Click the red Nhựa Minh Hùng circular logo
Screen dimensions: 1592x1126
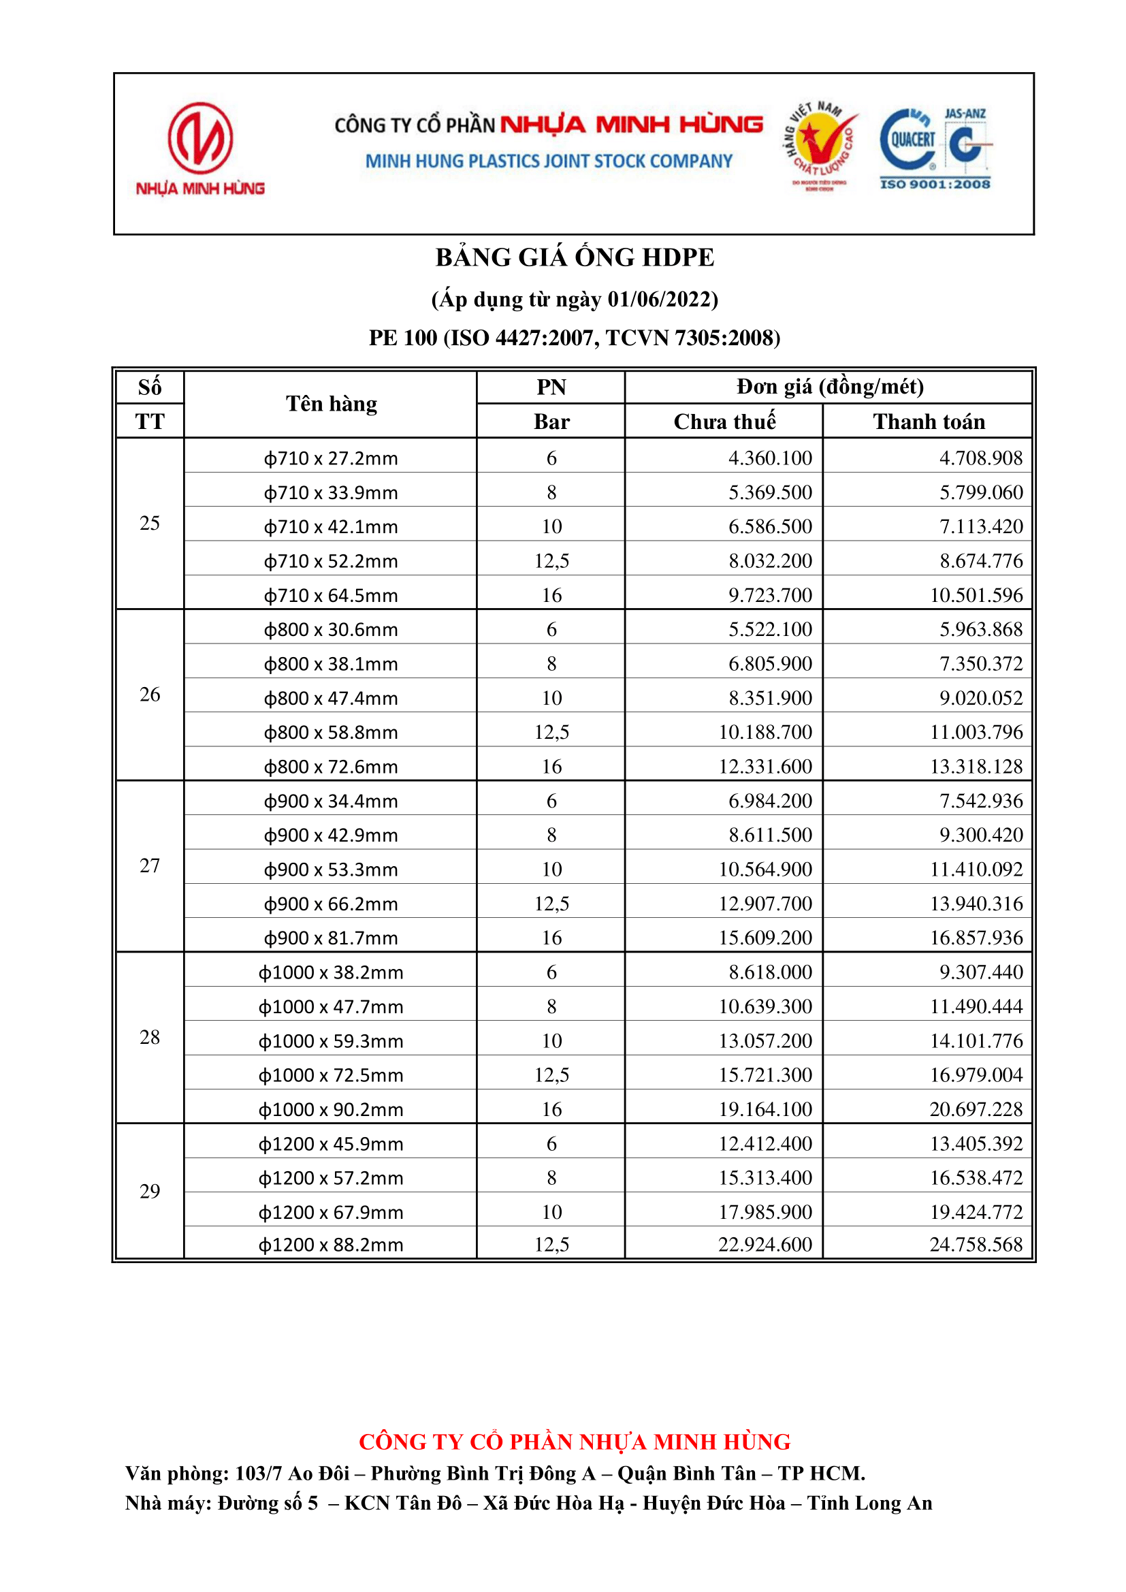[x=200, y=139]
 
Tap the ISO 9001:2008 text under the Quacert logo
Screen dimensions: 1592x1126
[x=935, y=184]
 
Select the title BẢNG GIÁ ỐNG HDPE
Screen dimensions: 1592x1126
[x=574, y=257]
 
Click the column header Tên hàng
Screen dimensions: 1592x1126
[x=332, y=404]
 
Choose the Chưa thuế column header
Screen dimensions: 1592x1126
[x=724, y=421]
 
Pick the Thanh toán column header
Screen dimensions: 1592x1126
[x=929, y=421]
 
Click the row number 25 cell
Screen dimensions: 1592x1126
[x=150, y=523]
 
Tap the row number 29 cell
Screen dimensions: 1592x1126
[x=150, y=1191]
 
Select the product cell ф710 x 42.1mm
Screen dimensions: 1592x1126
[x=331, y=527]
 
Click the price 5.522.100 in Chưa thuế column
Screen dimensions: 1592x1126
[x=770, y=630]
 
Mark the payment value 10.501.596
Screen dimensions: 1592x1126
[x=976, y=595]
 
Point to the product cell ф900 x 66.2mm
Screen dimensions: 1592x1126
[x=331, y=904]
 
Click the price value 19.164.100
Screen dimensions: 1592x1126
[x=765, y=1109]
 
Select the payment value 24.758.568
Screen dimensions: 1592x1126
[x=976, y=1245]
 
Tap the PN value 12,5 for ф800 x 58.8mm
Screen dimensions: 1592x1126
[x=551, y=732]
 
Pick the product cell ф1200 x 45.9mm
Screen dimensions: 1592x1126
[x=331, y=1144]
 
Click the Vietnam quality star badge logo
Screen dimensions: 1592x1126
[x=821, y=144]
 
